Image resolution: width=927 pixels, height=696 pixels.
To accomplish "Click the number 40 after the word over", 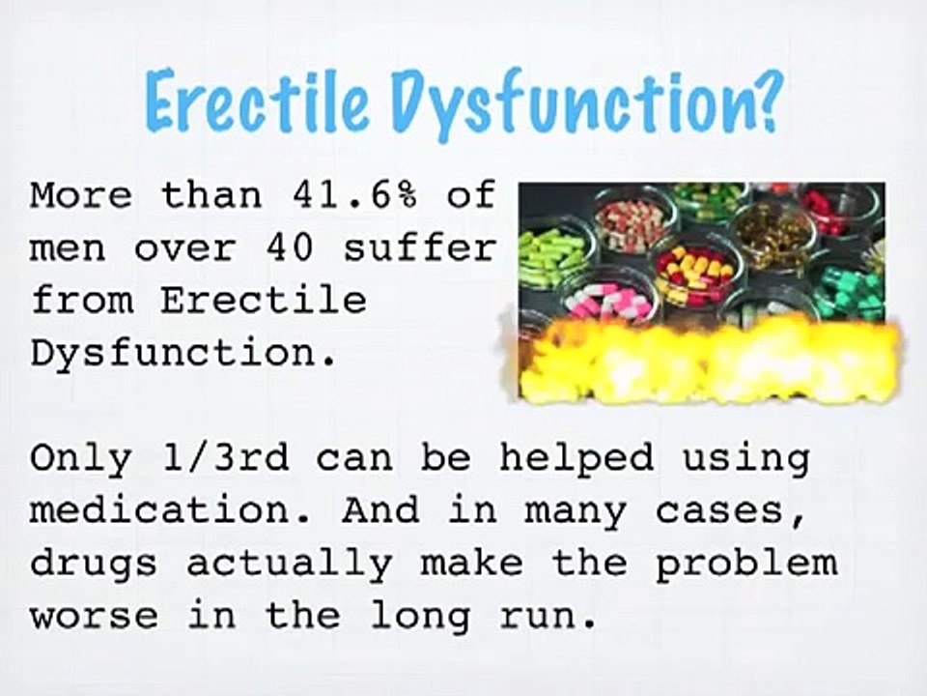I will pos(289,248).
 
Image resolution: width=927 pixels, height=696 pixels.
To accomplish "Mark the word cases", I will pos(734,511).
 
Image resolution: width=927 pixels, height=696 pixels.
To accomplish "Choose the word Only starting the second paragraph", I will pos(81,457).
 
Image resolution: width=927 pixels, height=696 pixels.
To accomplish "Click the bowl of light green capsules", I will pos(552,254).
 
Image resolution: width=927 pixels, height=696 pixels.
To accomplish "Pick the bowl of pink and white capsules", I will pos(610,302).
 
